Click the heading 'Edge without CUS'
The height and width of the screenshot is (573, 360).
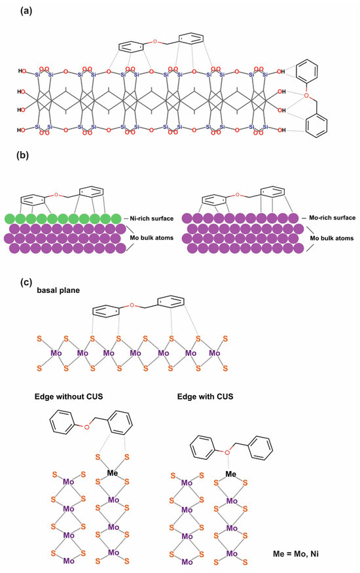(71, 396)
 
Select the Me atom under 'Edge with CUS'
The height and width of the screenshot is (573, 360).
(231, 474)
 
